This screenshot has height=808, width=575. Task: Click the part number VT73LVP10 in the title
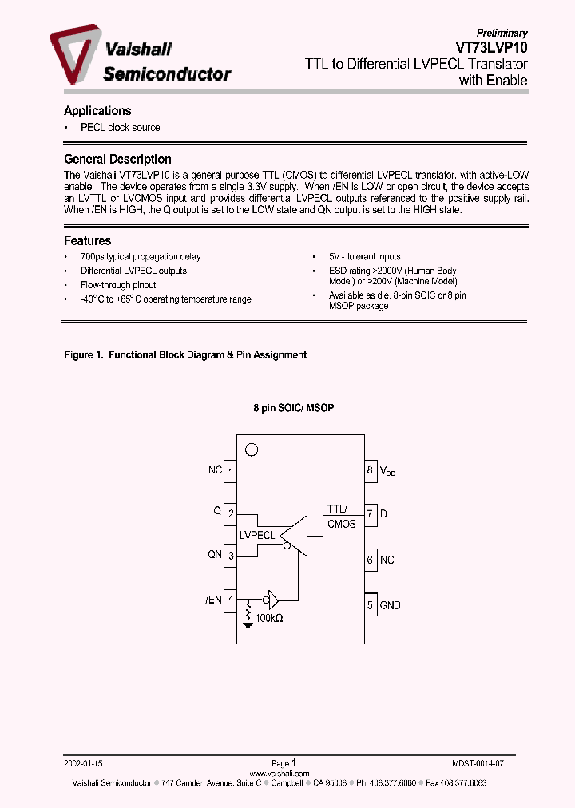(489, 47)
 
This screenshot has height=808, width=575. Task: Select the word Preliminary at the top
(502, 33)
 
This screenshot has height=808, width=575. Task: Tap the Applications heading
(97, 111)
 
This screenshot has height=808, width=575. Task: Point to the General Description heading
(117, 159)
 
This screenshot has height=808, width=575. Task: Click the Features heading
(87, 240)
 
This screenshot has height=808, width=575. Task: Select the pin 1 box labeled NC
(230, 471)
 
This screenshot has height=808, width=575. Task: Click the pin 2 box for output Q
(230, 513)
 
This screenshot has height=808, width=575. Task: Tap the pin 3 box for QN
(230, 556)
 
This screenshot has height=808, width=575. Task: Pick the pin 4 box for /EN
(230, 599)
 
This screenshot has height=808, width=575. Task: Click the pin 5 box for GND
(371, 605)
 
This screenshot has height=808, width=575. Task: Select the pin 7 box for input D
(371, 513)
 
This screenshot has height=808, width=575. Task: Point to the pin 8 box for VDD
(371, 471)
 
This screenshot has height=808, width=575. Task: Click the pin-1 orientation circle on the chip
(252, 450)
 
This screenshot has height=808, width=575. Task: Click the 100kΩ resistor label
(269, 618)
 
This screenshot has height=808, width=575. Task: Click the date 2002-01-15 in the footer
(84, 763)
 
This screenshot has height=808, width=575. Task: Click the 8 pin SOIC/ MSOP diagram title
(293, 408)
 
